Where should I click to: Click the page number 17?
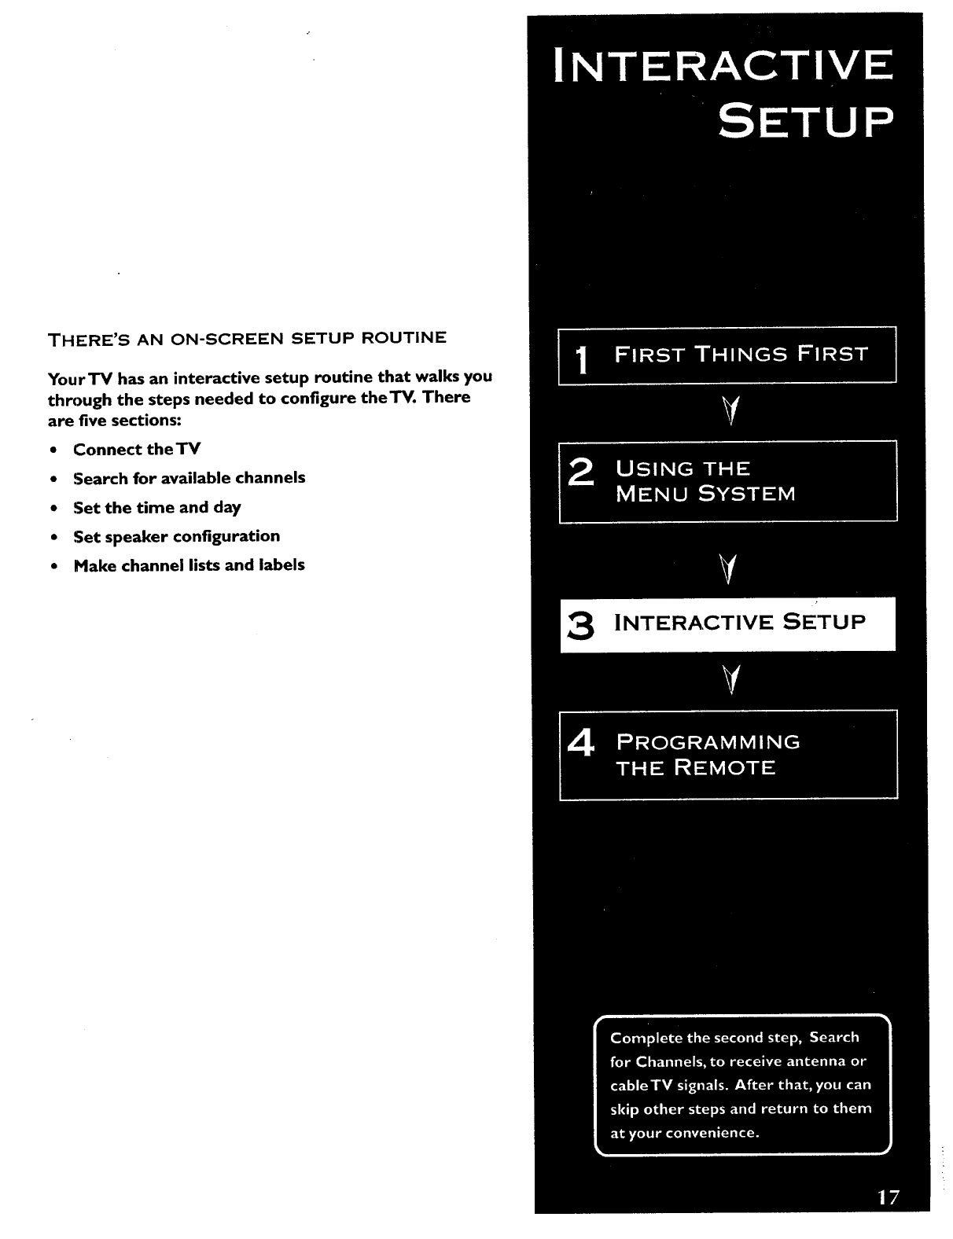888,1198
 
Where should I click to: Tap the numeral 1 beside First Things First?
582,362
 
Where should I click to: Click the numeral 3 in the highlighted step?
580,627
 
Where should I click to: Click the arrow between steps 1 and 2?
731,410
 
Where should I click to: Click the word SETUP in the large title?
805,123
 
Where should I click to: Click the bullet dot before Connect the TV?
52,450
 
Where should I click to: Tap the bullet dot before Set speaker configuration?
52,538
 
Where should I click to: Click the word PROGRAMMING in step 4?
708,742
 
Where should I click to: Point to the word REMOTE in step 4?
725,768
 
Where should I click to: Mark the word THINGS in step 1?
741,354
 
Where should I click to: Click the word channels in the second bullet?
270,478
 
